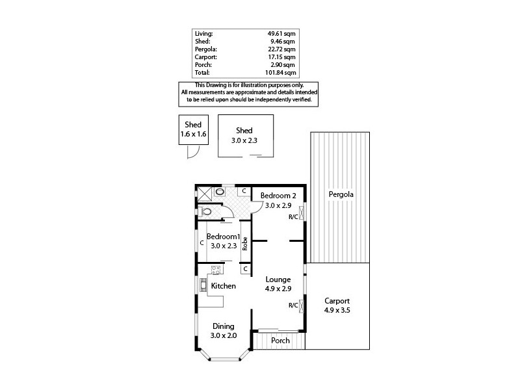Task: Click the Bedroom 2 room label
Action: [x=278, y=196]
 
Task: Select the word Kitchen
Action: [x=223, y=285]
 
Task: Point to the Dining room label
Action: [x=223, y=326]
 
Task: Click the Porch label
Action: [x=280, y=341]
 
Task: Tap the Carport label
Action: [x=337, y=301]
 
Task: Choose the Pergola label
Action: [x=341, y=194]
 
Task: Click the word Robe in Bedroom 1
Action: [x=245, y=243]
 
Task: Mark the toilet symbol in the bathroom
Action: [x=208, y=211]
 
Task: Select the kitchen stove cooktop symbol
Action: [x=216, y=269]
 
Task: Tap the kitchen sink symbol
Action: [x=203, y=284]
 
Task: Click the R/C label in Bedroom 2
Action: [x=293, y=217]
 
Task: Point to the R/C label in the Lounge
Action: [x=293, y=305]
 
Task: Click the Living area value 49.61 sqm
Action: [x=281, y=33]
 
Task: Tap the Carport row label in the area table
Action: [x=205, y=57]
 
